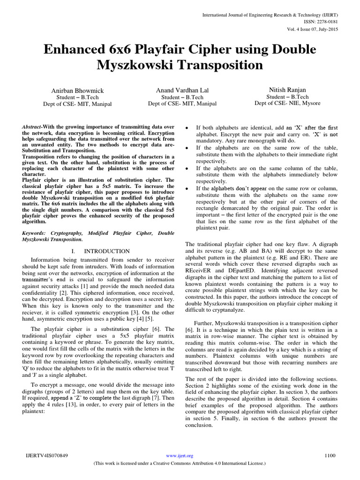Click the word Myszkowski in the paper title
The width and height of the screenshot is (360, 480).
pyautogui.click(x=136, y=66)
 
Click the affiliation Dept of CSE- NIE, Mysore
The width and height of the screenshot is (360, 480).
pyautogui.click(x=287, y=103)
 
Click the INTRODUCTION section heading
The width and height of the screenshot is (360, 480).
pyautogui.click(x=107, y=251)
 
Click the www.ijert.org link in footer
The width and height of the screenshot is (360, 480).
pyautogui.click(x=180, y=455)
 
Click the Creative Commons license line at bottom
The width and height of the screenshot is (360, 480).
pyautogui.click(x=180, y=463)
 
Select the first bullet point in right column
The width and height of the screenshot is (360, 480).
pyautogui.click(x=188, y=127)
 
